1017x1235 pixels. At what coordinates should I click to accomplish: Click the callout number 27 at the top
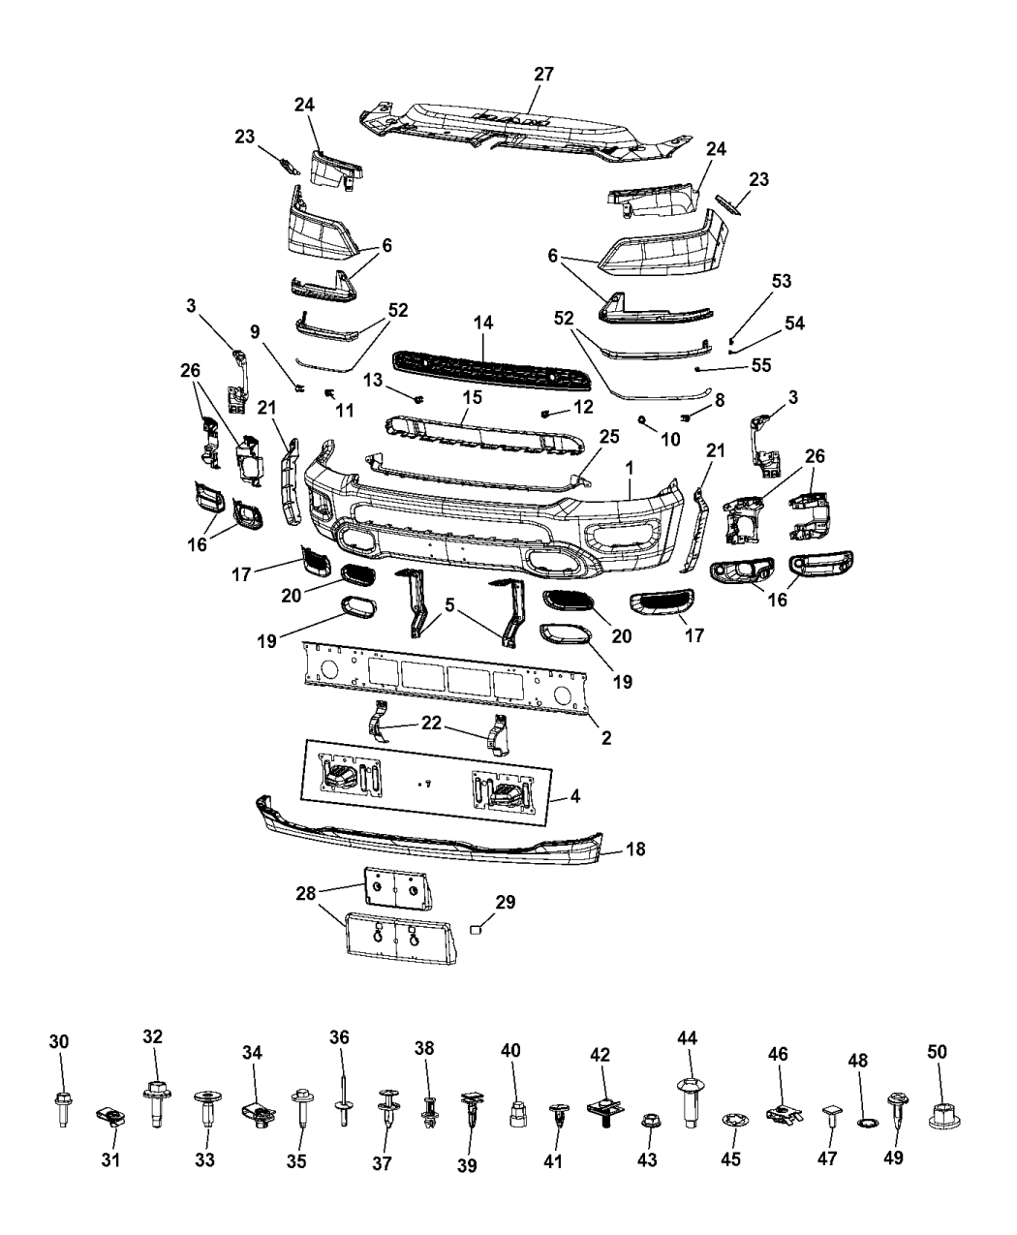544,74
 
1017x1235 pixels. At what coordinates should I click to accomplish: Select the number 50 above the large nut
937,1051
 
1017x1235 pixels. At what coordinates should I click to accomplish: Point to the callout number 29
506,902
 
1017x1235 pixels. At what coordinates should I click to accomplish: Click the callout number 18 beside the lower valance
635,849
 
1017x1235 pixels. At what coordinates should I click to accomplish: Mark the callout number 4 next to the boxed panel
575,800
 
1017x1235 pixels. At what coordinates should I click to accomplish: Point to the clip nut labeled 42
602,1108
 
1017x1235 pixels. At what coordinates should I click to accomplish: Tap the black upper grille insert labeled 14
484,366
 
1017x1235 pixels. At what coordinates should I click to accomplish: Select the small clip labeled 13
418,398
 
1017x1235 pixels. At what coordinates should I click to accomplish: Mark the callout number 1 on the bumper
631,466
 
